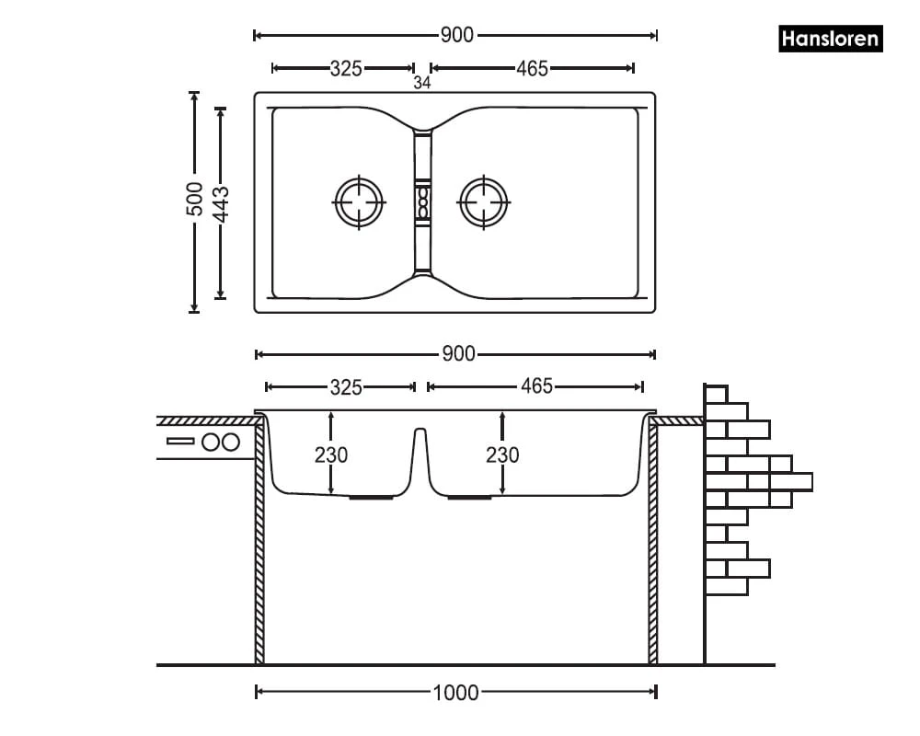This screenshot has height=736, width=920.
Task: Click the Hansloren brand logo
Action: tap(830, 40)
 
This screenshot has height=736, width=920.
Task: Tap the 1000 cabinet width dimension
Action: tap(456, 692)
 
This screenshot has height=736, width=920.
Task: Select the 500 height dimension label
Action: tap(194, 200)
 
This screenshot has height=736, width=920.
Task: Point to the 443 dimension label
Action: tap(221, 202)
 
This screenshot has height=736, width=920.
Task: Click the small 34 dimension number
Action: tap(422, 83)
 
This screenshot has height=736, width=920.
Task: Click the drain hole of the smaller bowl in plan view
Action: tap(358, 201)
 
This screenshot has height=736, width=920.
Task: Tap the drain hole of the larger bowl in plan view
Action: tap(483, 201)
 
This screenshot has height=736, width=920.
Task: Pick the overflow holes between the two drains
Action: tap(423, 201)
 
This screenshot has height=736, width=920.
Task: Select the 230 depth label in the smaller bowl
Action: tap(331, 454)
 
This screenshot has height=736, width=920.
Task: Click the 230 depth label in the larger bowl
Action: tap(502, 454)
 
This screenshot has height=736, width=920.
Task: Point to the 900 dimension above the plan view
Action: tap(456, 35)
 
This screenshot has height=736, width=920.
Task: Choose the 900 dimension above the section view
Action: tap(456, 354)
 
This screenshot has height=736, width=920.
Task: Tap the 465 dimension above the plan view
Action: tap(532, 68)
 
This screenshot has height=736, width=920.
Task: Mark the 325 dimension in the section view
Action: tap(346, 386)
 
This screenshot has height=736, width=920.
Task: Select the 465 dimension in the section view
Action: tap(536, 386)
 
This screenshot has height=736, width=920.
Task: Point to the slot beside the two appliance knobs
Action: tap(180, 442)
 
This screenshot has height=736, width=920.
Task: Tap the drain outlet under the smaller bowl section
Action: tap(372, 497)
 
